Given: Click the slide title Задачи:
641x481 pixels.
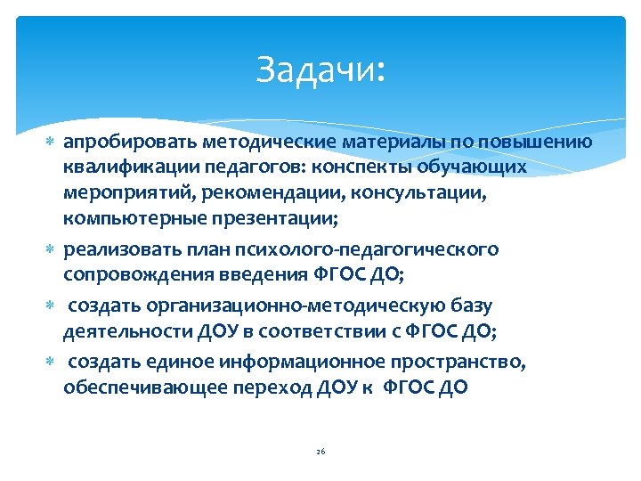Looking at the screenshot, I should [x=320, y=69].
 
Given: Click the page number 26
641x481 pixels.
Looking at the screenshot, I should [x=320, y=452].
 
